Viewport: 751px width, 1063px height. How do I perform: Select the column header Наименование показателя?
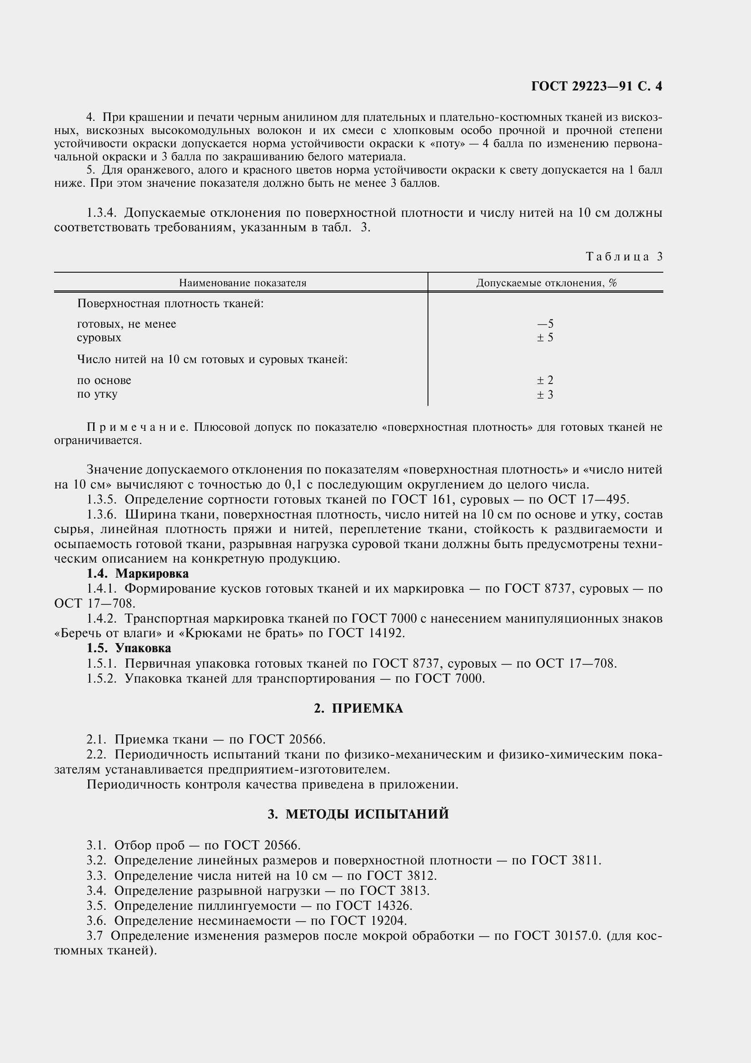coord(243,283)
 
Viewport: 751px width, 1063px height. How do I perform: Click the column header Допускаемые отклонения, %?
coord(546,283)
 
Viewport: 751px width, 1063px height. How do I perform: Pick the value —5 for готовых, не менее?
coord(545,324)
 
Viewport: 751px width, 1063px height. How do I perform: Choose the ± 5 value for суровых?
coord(545,338)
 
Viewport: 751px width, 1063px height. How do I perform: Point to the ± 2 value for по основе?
coord(545,380)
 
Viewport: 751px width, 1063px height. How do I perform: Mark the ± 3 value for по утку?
coord(545,394)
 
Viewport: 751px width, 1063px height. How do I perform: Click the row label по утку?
coord(97,394)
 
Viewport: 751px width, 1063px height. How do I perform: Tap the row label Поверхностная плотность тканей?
coord(170,304)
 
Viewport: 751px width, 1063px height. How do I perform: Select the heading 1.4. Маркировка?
coord(137,574)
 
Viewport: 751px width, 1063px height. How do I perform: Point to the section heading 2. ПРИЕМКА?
coord(358,709)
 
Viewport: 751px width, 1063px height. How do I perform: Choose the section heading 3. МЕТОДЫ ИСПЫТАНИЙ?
coord(358,814)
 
